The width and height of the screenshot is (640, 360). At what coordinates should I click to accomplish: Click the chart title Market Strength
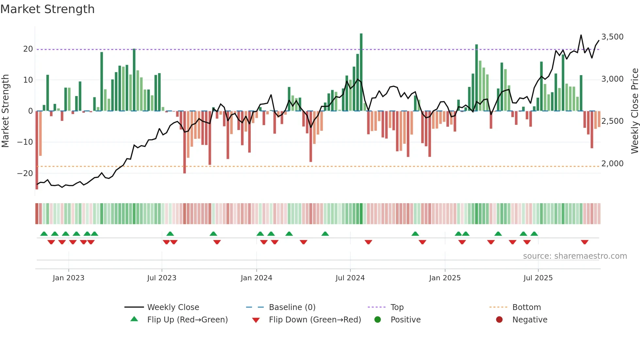point(47,9)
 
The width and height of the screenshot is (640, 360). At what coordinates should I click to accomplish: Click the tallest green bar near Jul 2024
point(361,72)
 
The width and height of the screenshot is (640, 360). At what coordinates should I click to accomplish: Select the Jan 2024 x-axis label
point(256,278)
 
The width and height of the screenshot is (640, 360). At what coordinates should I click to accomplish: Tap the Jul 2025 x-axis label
point(538,278)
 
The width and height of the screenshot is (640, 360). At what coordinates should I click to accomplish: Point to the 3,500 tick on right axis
point(612,37)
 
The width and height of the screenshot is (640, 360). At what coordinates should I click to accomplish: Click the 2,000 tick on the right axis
point(612,164)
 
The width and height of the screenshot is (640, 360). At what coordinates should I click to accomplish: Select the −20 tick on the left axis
point(25,173)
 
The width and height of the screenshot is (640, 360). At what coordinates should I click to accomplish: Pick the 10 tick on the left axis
point(28,80)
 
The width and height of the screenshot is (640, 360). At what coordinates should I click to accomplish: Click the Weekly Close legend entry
point(173,307)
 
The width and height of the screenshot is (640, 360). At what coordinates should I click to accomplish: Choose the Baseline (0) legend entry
point(292,307)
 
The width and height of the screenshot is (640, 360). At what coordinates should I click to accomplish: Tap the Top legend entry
point(397,307)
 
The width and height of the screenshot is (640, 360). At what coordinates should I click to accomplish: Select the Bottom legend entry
point(526,307)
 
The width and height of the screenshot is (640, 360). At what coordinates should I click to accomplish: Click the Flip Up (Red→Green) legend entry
point(187,320)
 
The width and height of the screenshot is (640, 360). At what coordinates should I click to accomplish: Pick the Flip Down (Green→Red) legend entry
point(315,320)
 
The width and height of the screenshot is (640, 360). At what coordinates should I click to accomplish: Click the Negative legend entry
point(529,320)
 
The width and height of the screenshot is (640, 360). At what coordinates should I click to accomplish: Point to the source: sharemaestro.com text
point(575,256)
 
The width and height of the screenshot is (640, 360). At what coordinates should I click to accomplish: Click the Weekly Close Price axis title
point(634,111)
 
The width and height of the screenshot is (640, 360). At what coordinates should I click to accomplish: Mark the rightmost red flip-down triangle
point(584,242)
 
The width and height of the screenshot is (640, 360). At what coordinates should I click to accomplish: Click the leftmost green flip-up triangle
point(44,234)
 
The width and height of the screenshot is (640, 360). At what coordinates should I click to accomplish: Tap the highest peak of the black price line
point(581,35)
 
